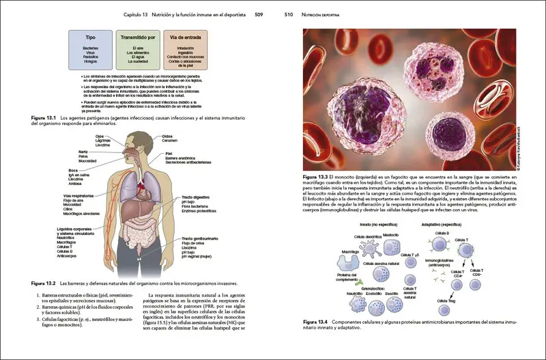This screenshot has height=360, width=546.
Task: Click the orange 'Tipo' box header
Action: (x=90, y=38)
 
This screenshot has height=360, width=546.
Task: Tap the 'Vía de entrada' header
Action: (x=185, y=38)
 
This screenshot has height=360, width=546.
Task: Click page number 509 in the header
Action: (x=259, y=13)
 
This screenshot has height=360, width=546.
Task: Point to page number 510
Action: (x=289, y=13)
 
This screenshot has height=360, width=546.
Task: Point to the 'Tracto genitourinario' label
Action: (x=200, y=238)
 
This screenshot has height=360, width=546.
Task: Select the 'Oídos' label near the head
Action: (x=167, y=136)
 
